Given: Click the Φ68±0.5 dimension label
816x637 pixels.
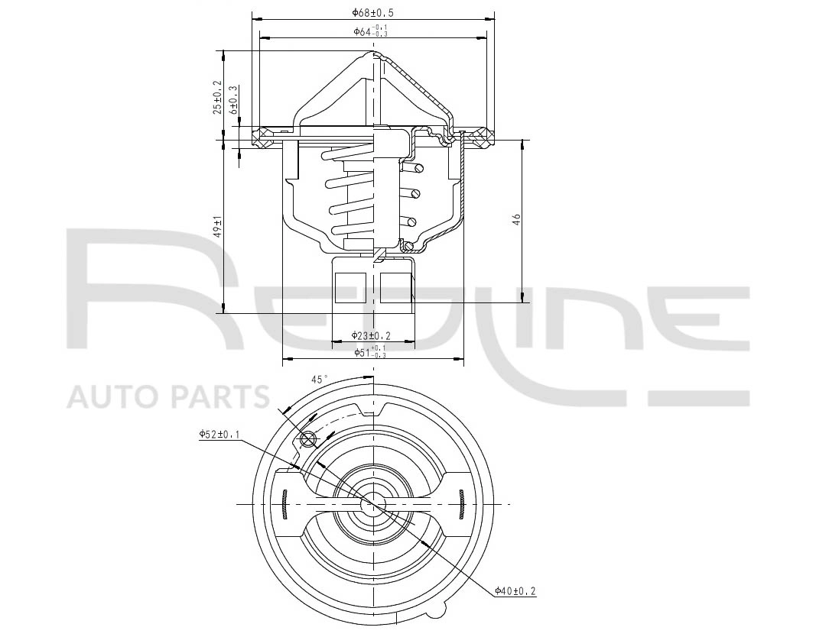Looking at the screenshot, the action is tap(372, 12).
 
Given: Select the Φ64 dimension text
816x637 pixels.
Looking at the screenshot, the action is tap(372, 31).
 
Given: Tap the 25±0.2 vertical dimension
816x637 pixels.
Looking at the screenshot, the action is tap(217, 97).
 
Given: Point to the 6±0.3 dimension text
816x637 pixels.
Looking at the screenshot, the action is tap(234, 100).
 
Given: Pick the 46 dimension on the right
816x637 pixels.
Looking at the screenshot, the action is tap(517, 219).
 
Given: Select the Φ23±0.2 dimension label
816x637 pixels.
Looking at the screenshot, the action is tap(371, 335).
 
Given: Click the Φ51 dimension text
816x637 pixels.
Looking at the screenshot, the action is tap(371, 352).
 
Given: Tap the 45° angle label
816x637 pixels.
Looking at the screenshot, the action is tap(320, 380).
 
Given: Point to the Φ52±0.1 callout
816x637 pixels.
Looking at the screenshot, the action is tap(219, 434).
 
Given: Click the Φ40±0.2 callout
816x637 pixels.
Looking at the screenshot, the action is tap(515, 590).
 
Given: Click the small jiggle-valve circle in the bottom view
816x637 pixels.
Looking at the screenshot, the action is tap(309, 440).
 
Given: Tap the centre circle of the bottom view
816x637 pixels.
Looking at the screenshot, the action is tap(373, 504).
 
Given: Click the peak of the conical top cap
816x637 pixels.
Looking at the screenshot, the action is tap(375, 53).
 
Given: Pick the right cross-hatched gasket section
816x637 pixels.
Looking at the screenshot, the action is tap(480, 137).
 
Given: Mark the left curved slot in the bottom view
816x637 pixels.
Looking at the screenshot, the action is tap(284, 505).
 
